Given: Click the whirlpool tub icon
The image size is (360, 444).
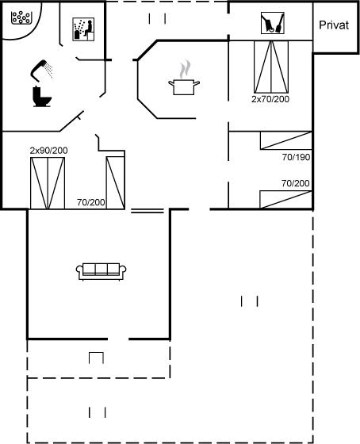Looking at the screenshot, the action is coord(21,17).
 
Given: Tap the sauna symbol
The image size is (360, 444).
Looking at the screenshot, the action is coord(83,29).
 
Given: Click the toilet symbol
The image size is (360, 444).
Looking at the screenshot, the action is coord(42,97).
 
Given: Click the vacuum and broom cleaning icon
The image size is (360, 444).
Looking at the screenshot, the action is coord(273,23).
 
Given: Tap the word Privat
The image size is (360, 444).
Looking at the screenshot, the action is coord(334,25).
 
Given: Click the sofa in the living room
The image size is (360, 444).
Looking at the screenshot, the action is coord(101,271).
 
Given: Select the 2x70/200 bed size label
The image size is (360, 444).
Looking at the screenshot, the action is coord(270,99).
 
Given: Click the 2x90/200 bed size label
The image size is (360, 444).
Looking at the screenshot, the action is coord(48,151).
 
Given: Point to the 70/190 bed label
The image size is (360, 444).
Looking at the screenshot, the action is coord(296,157).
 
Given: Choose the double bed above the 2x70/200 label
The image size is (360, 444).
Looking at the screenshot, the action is coord(271,67).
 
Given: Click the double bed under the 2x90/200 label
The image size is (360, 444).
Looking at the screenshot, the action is coord(48,183).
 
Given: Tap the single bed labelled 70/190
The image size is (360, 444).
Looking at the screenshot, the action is coord(286,140).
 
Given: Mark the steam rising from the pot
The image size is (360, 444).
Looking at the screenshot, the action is coord(185,69).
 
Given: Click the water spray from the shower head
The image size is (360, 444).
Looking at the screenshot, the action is coord(49,71).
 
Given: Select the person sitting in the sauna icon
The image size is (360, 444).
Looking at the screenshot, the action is coord(88,29).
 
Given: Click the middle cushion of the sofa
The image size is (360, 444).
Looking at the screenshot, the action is coord(101,269).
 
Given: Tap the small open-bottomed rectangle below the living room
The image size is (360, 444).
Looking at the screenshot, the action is coord(96,358).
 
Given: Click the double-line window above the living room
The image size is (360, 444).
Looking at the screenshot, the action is coord(147,211).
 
